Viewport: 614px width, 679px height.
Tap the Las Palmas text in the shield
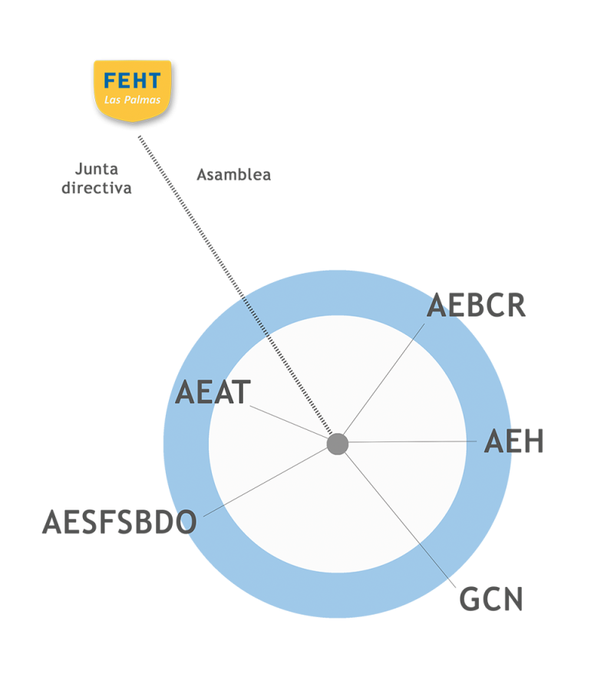(132, 100)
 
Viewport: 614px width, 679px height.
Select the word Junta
(97, 169)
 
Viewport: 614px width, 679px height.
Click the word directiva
(97, 188)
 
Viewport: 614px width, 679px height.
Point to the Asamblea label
(233, 175)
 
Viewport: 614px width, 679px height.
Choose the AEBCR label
(476, 305)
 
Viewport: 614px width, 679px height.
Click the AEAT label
(213, 392)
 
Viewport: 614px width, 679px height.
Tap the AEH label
(513, 442)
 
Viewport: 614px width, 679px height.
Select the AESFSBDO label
(119, 523)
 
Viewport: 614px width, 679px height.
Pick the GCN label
(490, 599)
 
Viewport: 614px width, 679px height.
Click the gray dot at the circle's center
(338, 444)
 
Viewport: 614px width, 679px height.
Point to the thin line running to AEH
(414, 442)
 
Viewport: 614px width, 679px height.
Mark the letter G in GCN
(470, 599)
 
